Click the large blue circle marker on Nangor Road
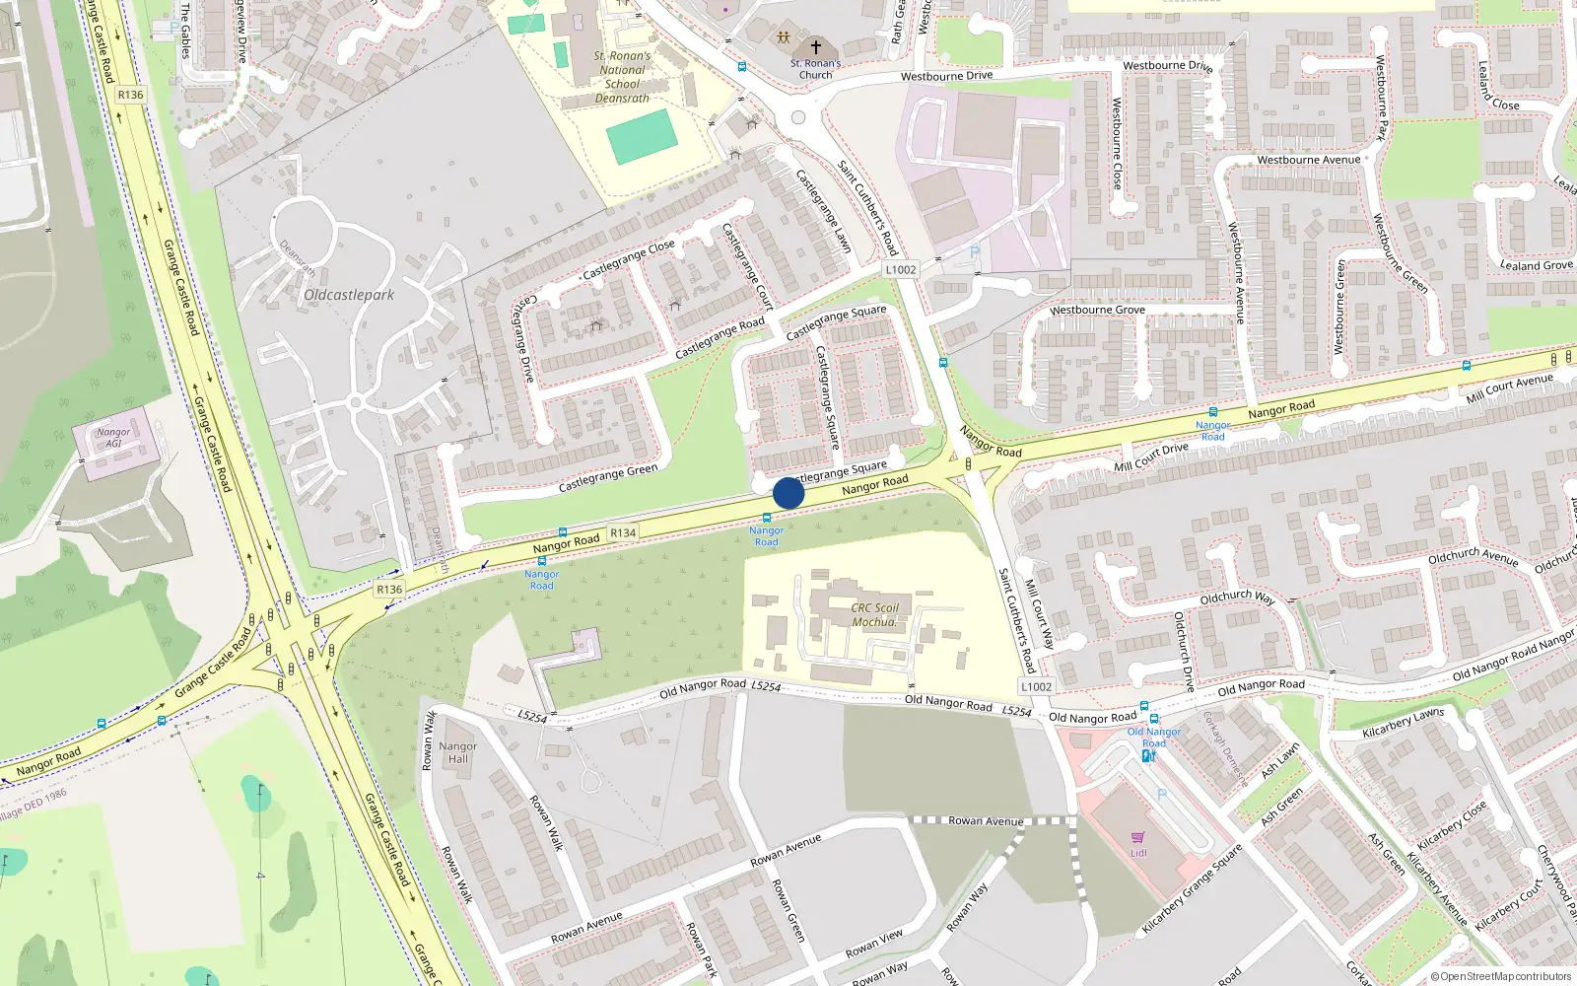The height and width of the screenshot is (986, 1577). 788,493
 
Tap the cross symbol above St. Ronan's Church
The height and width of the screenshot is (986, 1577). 816,46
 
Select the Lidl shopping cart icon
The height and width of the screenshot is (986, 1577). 1138,837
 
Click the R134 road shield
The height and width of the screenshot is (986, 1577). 623,532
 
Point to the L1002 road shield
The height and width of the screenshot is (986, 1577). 900,269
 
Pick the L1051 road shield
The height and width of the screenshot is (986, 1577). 1036,686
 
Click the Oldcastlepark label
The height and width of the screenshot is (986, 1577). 349,295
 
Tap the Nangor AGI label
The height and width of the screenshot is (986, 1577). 113,438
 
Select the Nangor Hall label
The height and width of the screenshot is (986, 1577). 458,752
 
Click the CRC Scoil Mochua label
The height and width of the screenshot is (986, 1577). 875,614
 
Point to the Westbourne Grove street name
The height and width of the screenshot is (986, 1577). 1097,310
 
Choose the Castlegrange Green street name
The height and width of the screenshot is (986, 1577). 607,478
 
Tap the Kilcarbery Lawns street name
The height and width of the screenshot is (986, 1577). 1403,723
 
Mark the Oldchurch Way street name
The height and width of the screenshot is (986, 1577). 1237,598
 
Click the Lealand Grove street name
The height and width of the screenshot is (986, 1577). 1537,265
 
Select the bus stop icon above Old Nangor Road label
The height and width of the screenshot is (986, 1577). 1144,706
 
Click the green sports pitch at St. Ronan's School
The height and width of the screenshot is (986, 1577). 643,136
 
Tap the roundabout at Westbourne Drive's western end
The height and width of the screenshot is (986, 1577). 798,117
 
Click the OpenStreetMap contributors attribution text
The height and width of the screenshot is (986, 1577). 1500,976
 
